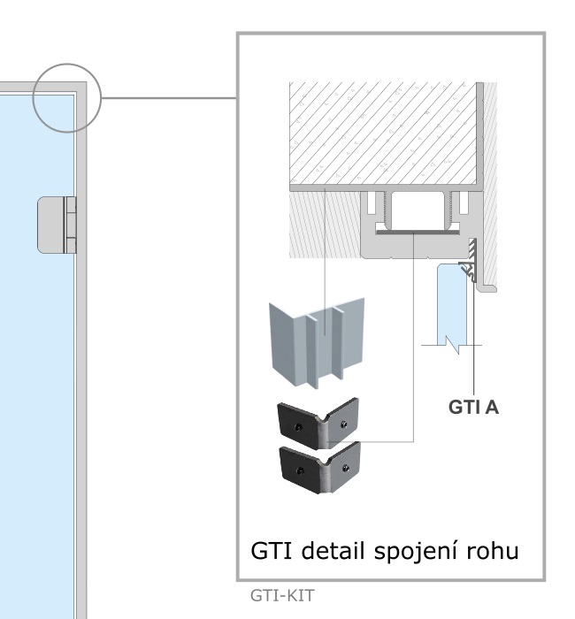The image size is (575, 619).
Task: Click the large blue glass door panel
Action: (x=35, y=398)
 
